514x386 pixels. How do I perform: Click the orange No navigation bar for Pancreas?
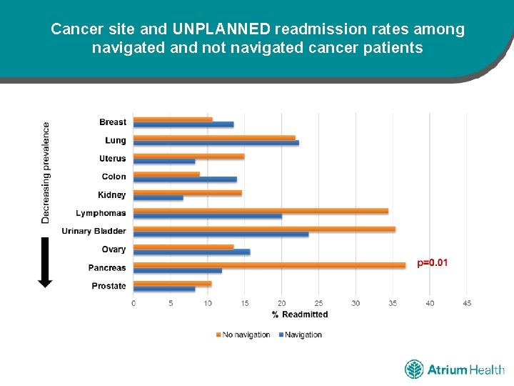[269, 264]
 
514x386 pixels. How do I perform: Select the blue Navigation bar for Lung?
[216, 142]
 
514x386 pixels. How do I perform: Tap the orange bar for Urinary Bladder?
[264, 229]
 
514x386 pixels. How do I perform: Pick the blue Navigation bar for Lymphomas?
[207, 215]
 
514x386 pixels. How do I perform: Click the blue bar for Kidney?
[158, 197]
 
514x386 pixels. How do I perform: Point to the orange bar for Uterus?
[188, 156]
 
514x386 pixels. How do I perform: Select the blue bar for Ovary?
[191, 252]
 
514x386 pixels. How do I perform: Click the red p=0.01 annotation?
[433, 263]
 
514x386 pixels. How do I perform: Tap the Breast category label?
[113, 122]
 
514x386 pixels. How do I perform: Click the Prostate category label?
[109, 286]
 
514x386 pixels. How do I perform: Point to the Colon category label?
[114, 177]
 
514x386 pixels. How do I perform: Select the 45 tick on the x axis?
[467, 303]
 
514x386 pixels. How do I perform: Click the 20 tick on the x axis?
[282, 303]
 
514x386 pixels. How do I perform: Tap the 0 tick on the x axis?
[133, 303]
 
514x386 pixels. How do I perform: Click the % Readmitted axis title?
[300, 315]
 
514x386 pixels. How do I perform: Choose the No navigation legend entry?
[243, 335]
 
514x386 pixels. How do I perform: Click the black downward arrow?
[45, 262]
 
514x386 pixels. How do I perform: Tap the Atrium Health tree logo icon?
[414, 370]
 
